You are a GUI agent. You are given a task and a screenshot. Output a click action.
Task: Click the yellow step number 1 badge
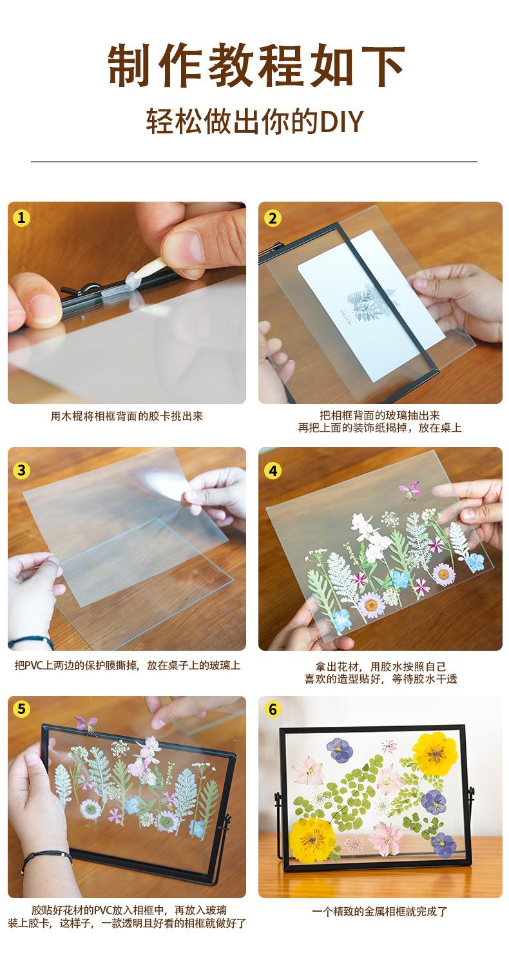click(21, 218)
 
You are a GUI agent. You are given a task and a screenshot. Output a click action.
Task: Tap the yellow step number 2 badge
click(273, 218)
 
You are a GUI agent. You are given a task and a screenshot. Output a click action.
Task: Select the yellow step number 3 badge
click(21, 470)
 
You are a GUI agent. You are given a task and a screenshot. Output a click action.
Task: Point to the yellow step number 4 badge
click(273, 471)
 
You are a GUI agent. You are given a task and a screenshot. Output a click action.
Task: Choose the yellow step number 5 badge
click(21, 709)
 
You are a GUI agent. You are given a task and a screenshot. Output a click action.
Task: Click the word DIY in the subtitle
click(342, 122)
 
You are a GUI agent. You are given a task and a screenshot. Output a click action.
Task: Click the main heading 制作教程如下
click(256, 65)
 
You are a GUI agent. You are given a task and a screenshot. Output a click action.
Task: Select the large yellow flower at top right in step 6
click(435, 753)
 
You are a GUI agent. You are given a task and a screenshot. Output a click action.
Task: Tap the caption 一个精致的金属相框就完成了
click(380, 912)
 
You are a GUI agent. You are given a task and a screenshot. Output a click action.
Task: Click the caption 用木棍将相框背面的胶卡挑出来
click(127, 416)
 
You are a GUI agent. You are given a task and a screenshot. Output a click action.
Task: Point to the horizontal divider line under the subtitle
click(254, 162)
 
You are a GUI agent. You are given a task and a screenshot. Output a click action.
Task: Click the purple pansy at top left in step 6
click(340, 749)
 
